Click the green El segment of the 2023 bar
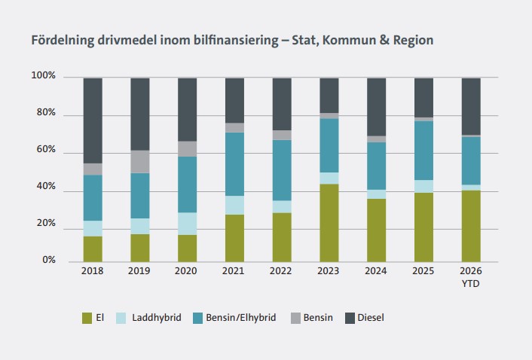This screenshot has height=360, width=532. tap(329, 223)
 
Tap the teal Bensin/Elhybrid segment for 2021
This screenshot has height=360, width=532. tap(234, 164)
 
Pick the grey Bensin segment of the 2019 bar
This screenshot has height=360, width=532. tap(140, 162)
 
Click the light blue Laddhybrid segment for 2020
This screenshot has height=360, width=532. tap(187, 224)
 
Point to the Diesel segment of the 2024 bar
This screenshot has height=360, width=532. tap(376, 107)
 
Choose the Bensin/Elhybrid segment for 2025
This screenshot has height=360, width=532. tap(423, 151)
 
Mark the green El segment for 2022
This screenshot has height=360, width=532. tap(282, 237)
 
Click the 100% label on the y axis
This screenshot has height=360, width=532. tap(44, 77)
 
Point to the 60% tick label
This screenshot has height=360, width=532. tap(46, 151)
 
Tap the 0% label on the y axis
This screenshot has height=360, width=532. tap(49, 261)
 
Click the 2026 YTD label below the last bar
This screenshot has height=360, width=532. tap(471, 276)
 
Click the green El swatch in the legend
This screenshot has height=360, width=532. tap(87, 318)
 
